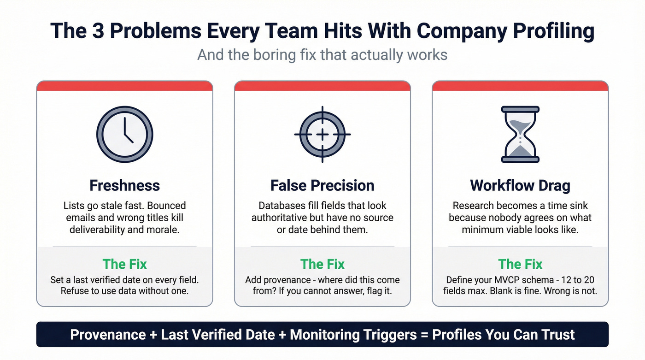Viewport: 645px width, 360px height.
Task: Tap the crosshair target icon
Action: pyautogui.click(x=322, y=134)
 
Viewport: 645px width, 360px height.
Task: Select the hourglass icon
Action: pyautogui.click(x=520, y=134)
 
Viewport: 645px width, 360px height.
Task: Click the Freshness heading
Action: pyautogui.click(x=124, y=185)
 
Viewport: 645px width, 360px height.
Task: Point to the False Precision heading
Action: pyautogui.click(x=322, y=185)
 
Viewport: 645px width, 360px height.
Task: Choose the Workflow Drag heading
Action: pyautogui.click(x=520, y=185)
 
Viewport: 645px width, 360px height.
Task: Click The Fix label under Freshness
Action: pyautogui.click(x=124, y=264)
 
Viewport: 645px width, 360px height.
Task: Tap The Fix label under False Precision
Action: pyautogui.click(x=322, y=264)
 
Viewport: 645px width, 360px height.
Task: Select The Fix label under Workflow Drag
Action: pyautogui.click(x=520, y=264)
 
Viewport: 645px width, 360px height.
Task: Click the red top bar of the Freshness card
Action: pyautogui.click(x=124, y=86)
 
